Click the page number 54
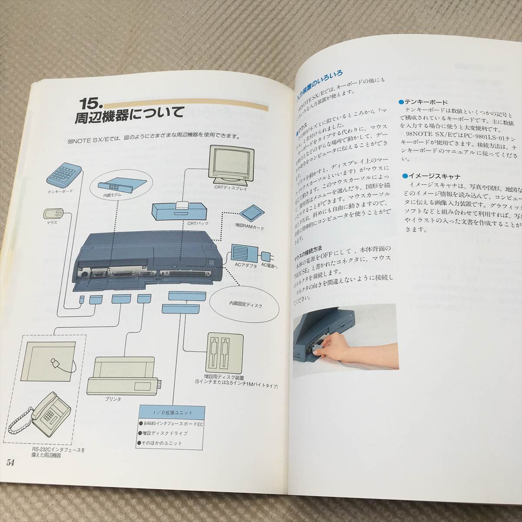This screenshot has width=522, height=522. tap(11, 475)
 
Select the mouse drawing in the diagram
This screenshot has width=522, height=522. tap(53, 213)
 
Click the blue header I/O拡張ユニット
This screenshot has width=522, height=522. tap(172, 412)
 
